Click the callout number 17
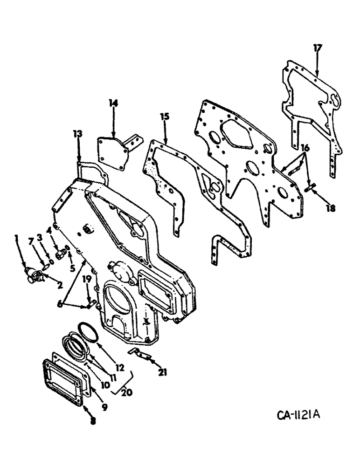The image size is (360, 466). (x=317, y=48)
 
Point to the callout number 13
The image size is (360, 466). (x=77, y=134)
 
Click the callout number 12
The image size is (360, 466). (x=120, y=368)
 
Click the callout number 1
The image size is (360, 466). (x=16, y=238)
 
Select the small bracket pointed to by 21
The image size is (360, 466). (x=138, y=354)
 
